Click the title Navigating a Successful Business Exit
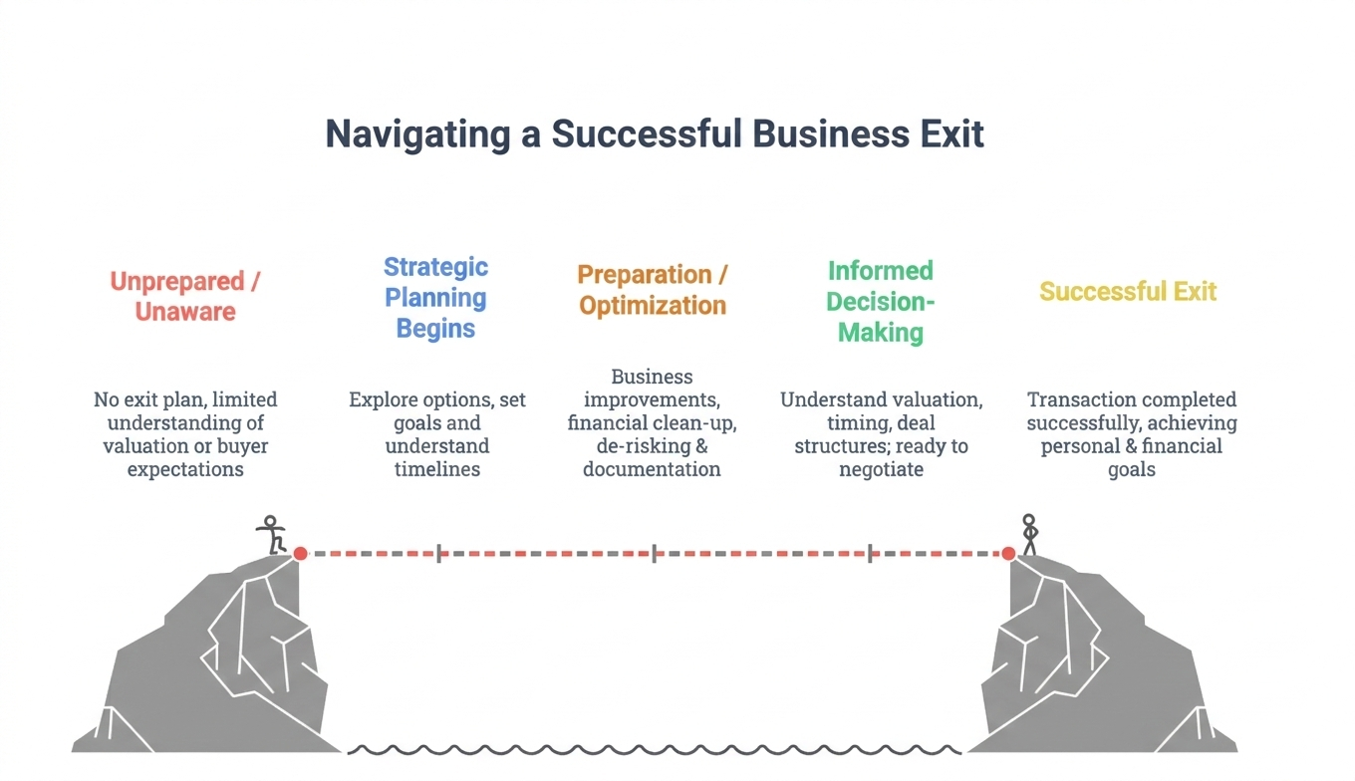pos(655,133)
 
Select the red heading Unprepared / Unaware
pos(185,296)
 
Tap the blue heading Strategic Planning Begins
pos(435,297)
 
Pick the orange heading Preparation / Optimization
pos(652,289)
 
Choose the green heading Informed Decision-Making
pos(880,301)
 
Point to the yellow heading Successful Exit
pos(1128,291)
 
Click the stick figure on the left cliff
pos(271,535)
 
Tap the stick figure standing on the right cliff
pos(1029,535)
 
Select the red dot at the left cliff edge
pos(300,553)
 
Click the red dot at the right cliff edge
pos(1008,553)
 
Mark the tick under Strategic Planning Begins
pos(438,553)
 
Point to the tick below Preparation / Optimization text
pos(654,553)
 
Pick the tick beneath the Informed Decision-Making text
pos(870,553)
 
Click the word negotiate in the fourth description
pos(881,469)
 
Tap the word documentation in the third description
pos(652,469)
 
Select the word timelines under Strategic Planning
pos(437,469)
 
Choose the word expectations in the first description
pos(185,469)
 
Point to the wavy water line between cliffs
pos(653,748)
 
